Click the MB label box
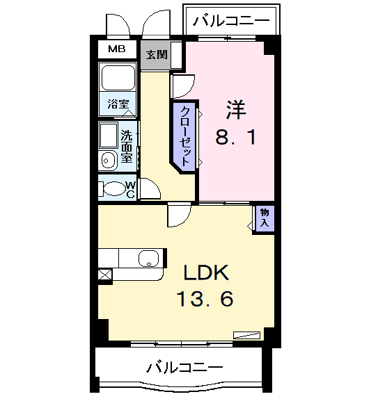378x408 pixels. [x=116, y=49]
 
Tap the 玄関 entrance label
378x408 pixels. [x=156, y=54]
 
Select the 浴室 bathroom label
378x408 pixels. [x=118, y=104]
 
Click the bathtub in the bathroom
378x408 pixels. [x=118, y=78]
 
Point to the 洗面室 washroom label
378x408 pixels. [x=127, y=146]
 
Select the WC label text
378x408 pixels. [x=130, y=189]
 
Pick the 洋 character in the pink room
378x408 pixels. [x=235, y=110]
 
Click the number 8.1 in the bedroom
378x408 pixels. [x=235, y=137]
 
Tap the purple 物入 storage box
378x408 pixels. [x=265, y=218]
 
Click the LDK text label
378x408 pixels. [x=206, y=272]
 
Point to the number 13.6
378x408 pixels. [x=204, y=300]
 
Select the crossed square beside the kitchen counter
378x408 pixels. [x=104, y=275]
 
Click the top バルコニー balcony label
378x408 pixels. [x=231, y=20]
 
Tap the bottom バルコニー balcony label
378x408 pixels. [x=184, y=366]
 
